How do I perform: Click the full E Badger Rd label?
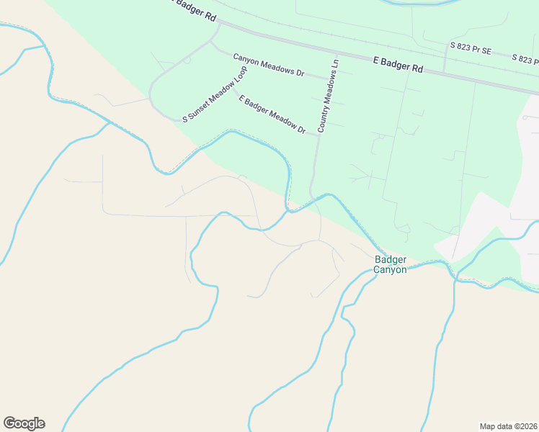398,65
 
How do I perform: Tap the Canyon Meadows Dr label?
269,64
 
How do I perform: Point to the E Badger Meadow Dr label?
272,114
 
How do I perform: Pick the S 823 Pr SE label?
471,48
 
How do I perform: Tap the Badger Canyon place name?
390,264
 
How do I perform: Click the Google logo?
24,423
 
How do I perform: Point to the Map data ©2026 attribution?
508,426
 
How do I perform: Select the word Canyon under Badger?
390,270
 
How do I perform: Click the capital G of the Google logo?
10,423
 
